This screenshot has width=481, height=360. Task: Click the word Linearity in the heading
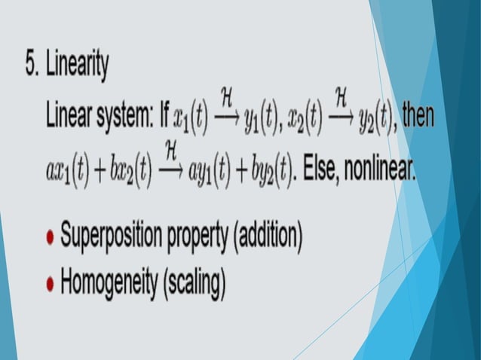[77, 68]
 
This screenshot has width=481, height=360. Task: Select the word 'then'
[418, 117]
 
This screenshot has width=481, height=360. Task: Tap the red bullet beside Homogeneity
[50, 284]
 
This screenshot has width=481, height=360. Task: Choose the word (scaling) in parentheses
[191, 285]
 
